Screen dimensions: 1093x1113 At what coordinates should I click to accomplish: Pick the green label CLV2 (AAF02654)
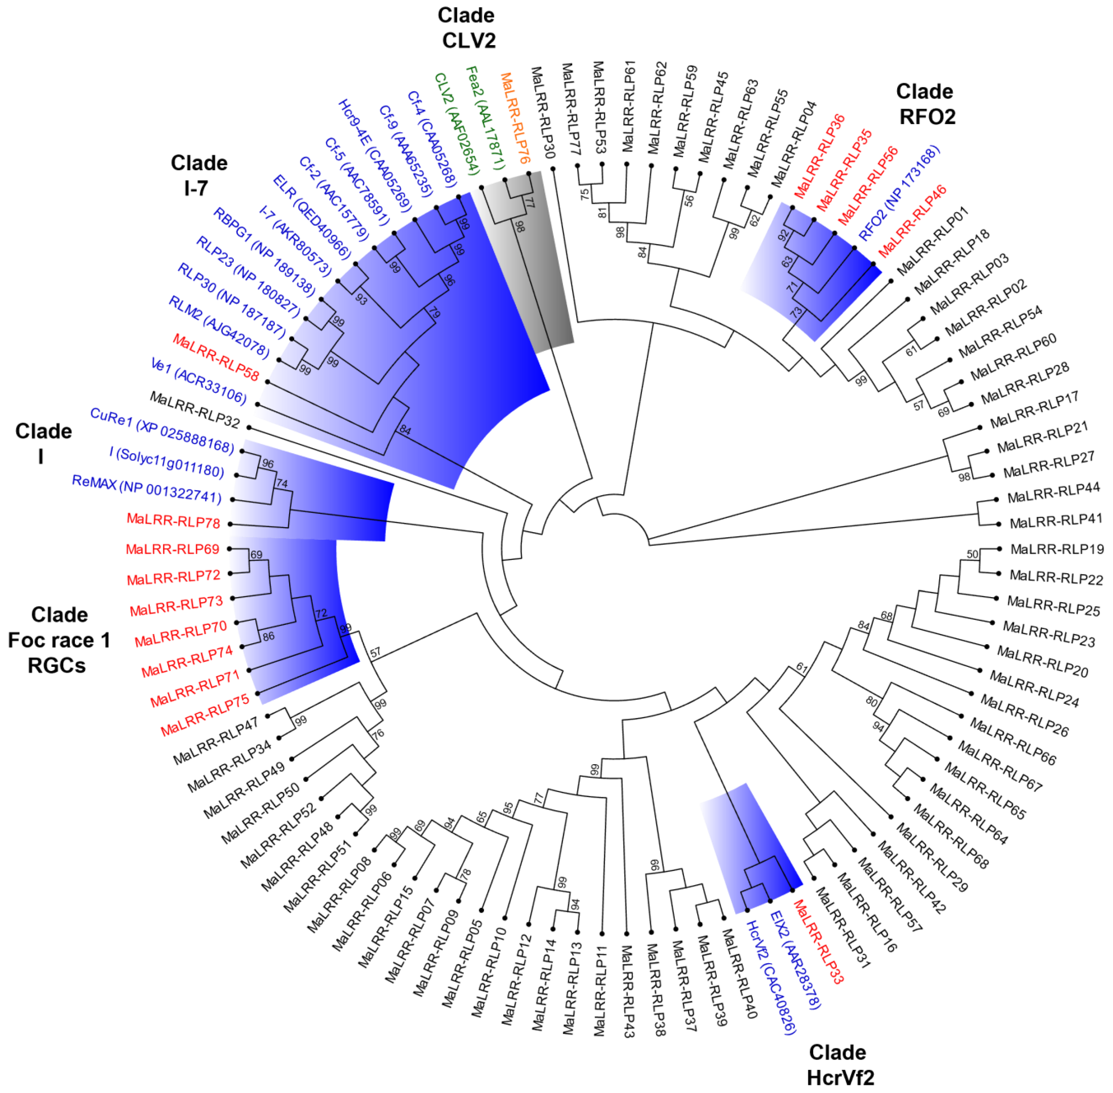click(x=456, y=123)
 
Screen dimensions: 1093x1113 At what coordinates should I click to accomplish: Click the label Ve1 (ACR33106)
click(x=198, y=381)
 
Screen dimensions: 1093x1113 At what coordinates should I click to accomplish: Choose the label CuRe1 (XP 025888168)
click(x=162, y=431)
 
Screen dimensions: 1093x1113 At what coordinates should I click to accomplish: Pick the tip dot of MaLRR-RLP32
click(x=249, y=428)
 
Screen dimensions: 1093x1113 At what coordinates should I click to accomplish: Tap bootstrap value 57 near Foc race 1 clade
click(x=375, y=653)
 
